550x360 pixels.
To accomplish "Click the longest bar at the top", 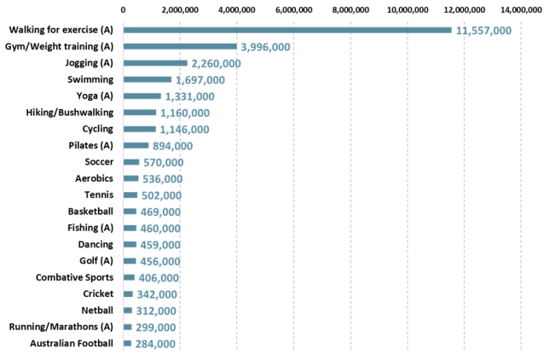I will click(287, 30).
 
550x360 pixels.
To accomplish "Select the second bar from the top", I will click(179, 46).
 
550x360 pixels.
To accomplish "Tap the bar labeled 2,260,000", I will click(154, 63).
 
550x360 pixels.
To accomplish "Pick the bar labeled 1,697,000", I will click(147, 79).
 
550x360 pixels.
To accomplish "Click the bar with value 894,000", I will click(136, 146).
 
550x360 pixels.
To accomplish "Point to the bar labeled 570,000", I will click(131, 162).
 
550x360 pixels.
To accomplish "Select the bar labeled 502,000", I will click(130, 195).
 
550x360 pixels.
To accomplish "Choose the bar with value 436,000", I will click(130, 261).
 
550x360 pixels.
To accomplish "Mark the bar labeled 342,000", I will click(128, 294).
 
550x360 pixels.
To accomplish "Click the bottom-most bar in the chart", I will click(127, 344).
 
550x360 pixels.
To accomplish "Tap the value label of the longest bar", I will click(483, 31).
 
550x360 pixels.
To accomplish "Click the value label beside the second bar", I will click(265, 47).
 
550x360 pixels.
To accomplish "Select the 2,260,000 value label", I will click(216, 63).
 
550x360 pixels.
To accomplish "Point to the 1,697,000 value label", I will click(200, 80).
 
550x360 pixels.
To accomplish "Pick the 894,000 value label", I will click(172, 146).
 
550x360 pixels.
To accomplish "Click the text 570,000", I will click(163, 162).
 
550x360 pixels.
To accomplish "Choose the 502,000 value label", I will click(161, 195).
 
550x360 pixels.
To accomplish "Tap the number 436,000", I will click(159, 261).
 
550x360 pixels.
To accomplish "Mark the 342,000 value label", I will click(157, 294).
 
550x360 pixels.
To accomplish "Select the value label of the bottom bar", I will click(156, 344).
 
